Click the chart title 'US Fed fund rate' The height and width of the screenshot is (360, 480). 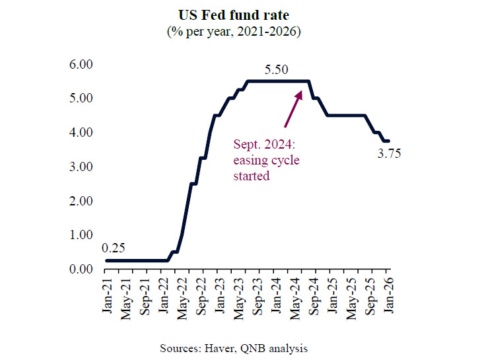point(240,14)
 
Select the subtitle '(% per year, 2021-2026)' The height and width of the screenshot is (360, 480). point(240,31)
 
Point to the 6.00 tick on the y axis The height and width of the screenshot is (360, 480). point(83,64)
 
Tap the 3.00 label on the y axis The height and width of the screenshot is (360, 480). point(83,166)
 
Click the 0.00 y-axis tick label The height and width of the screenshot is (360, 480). point(83,269)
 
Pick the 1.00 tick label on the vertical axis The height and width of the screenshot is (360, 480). point(83,234)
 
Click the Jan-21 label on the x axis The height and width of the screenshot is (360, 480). point(106,295)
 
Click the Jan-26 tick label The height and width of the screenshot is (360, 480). point(388,295)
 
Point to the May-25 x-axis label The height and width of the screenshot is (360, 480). point(352,295)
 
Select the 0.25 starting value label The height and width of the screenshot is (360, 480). point(114,248)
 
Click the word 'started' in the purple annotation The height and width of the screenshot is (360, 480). point(252,176)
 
